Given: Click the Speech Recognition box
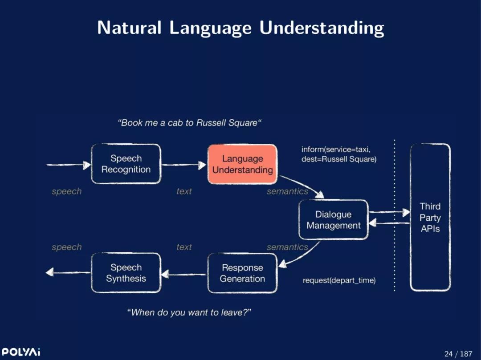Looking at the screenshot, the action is click(x=126, y=164).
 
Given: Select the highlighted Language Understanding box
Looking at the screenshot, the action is click(x=242, y=164).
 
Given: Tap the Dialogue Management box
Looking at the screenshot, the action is click(x=334, y=220).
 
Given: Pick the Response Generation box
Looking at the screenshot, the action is click(x=242, y=273).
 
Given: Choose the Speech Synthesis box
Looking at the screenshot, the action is click(x=126, y=273).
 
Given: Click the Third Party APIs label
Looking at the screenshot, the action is click(x=430, y=218).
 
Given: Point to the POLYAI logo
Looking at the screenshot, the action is click(x=21, y=352).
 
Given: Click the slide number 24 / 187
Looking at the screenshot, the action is click(x=458, y=354).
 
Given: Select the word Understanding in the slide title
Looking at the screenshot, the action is click(x=322, y=28).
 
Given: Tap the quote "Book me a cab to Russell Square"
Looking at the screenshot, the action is click(x=190, y=123).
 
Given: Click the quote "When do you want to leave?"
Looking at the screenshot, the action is click(x=189, y=312).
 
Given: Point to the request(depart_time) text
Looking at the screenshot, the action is click(x=339, y=280).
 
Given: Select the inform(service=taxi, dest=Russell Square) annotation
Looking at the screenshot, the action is click(x=338, y=154).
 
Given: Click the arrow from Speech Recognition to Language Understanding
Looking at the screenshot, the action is click(x=184, y=165).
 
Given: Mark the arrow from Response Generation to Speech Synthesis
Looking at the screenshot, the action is click(x=184, y=274).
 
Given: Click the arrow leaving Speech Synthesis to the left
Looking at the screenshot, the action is click(x=68, y=272).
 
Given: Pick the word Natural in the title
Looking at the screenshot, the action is click(x=129, y=28).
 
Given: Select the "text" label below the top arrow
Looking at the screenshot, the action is click(x=184, y=191).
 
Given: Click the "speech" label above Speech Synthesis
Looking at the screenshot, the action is click(x=67, y=247).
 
